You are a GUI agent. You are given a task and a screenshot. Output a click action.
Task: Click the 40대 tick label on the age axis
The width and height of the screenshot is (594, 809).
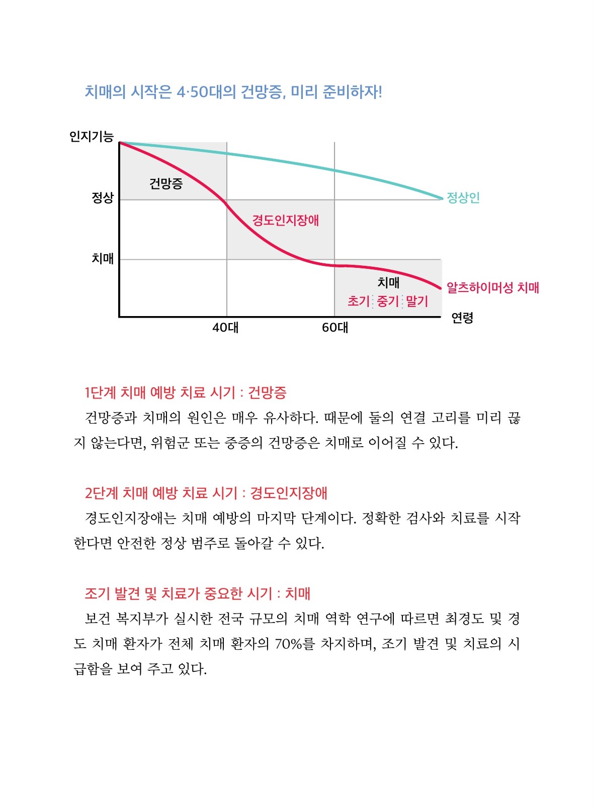coord(225,328)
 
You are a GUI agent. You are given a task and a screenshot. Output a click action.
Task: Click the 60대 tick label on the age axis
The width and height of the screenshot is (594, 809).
coord(335,328)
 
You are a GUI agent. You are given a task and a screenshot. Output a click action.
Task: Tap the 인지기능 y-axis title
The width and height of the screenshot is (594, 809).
coord(92,136)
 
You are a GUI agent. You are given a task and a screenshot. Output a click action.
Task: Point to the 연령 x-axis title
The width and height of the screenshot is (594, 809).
coord(462,318)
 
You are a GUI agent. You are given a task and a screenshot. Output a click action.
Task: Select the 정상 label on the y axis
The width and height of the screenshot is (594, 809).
coord(103,197)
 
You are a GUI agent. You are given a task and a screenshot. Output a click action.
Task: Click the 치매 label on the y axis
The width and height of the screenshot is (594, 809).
coord(103,259)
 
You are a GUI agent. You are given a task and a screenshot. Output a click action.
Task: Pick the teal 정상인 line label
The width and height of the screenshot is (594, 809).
coord(463,197)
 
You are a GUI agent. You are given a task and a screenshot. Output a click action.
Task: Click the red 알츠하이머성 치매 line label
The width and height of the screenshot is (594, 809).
coord(493,288)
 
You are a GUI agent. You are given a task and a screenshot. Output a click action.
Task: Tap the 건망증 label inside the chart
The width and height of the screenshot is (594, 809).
coord(166,183)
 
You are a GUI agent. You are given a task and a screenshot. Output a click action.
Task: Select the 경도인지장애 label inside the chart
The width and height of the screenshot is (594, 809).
coord(285,220)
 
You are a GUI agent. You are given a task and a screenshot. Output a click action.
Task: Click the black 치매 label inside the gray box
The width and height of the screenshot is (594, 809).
coord(388,283)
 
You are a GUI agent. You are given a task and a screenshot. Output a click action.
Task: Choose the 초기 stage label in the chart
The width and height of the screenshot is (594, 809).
coord(359,301)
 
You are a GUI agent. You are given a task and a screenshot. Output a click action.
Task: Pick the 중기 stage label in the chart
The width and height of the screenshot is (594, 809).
coord(388,301)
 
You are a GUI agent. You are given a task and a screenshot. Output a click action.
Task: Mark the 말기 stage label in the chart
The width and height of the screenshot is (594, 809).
coord(417,301)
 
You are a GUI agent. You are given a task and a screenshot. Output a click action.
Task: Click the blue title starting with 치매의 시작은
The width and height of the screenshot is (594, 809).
coord(233,92)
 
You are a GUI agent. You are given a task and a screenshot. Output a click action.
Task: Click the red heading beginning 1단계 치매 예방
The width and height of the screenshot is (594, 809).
coord(186,392)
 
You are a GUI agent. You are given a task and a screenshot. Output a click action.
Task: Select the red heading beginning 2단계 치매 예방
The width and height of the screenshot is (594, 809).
coord(206,493)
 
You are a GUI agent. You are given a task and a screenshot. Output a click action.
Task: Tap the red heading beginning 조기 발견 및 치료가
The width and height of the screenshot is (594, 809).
coord(198,593)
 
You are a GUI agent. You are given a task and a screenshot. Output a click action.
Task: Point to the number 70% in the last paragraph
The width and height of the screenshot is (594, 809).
coord(288,644)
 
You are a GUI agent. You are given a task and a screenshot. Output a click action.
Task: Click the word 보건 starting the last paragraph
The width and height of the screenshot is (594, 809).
coord(98,619)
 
